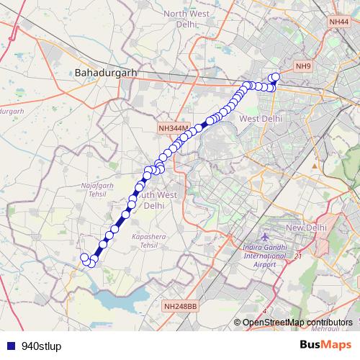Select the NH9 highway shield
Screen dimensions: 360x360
303,66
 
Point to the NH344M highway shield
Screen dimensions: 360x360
173,128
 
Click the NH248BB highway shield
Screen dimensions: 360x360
179,306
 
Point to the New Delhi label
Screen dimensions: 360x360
307,228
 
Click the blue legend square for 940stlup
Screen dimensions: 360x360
11,345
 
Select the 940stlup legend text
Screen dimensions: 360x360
42,345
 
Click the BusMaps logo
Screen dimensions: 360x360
325,344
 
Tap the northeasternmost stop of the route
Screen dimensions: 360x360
275,76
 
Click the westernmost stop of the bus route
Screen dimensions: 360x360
84,257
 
